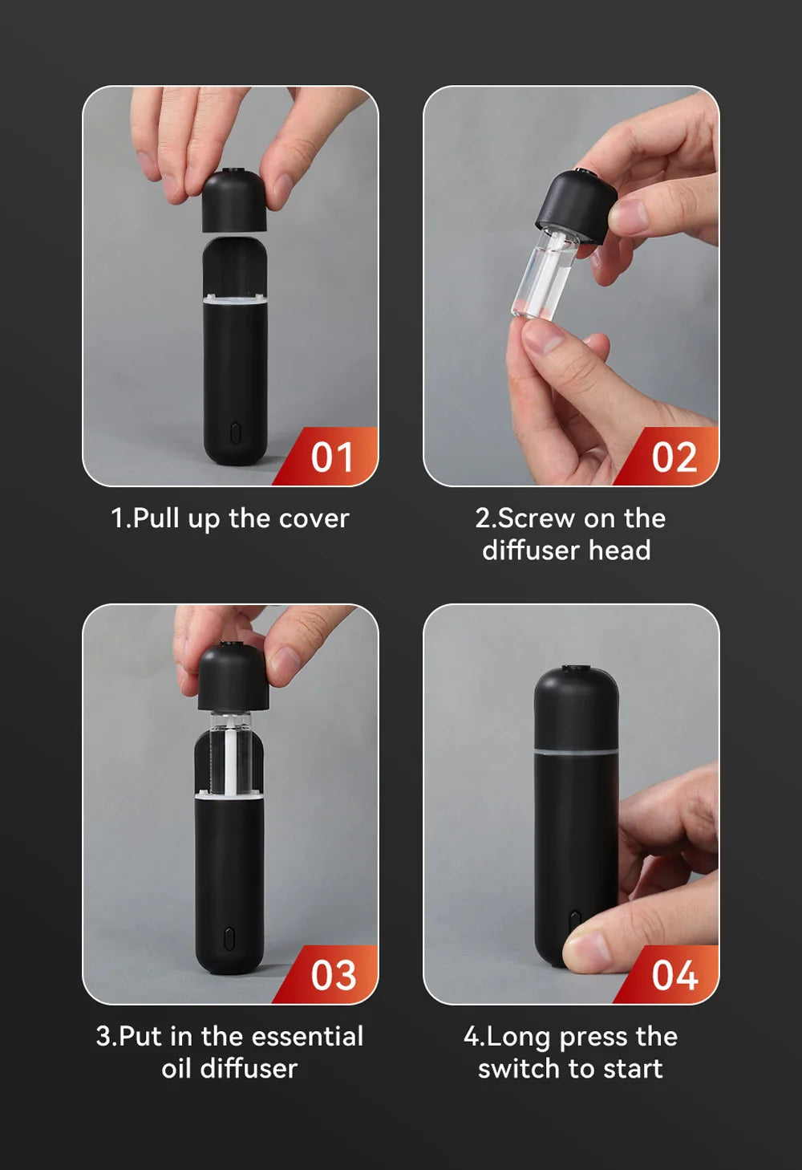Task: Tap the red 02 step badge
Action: click(x=673, y=457)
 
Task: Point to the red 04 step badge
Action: click(x=673, y=976)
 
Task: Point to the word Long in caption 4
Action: click(x=517, y=1037)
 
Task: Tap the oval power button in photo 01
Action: click(x=235, y=433)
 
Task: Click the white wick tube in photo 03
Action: click(x=231, y=758)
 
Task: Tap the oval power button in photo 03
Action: click(x=229, y=936)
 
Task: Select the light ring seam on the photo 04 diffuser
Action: click(x=576, y=751)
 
